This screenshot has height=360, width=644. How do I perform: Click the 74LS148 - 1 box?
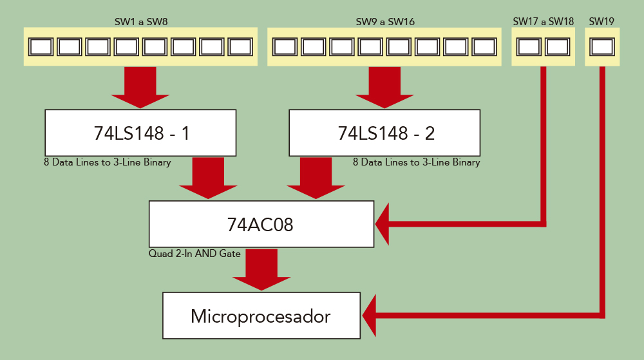coord(140,133)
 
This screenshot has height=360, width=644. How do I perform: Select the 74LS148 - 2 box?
coord(384,133)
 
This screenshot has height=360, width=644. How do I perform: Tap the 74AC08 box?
coord(261,223)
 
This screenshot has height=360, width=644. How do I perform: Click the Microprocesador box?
coord(261,316)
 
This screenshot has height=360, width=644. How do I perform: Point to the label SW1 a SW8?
coord(140,22)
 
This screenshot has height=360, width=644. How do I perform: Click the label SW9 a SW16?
coord(385,22)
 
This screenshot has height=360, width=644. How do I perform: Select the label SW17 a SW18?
coord(543,22)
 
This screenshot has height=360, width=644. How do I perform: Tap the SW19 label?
coord(601,22)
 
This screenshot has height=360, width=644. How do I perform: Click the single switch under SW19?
coord(602,47)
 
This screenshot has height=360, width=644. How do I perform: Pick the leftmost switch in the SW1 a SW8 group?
coord(41,47)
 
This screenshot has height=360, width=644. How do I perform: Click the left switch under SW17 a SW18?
coord(529,47)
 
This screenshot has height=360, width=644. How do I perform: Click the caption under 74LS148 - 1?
coord(107,163)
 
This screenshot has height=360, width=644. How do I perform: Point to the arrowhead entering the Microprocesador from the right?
coord(371,316)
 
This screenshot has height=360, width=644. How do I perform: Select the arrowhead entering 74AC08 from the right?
coord(383,224)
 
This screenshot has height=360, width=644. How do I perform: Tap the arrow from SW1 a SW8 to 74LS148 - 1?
coord(140,88)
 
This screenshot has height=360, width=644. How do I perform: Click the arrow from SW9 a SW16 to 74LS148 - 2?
coord(385,88)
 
